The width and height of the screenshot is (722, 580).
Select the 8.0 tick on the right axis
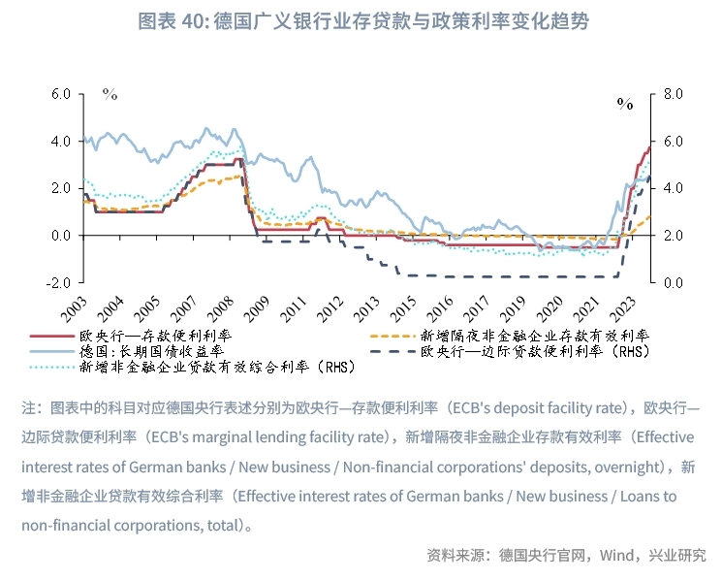coord(673,94)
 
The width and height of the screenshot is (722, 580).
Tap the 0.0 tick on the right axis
coord(673,282)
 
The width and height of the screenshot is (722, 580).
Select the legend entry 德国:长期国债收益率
coord(155,351)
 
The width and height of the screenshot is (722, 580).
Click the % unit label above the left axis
coord(110,95)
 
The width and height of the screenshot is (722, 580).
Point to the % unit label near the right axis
coord(624,104)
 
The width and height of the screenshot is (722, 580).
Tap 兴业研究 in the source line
coord(678,556)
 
